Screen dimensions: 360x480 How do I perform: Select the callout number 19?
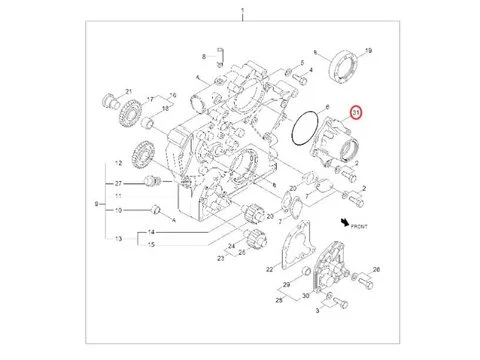click(x=367, y=50)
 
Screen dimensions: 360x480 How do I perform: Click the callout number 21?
click(x=129, y=92)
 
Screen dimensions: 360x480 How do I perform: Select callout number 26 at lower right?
click(x=377, y=270)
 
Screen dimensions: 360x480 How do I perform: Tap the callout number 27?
click(x=118, y=184)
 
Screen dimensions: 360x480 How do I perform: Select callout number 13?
click(x=118, y=239)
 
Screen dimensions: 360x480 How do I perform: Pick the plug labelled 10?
click(x=155, y=211)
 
